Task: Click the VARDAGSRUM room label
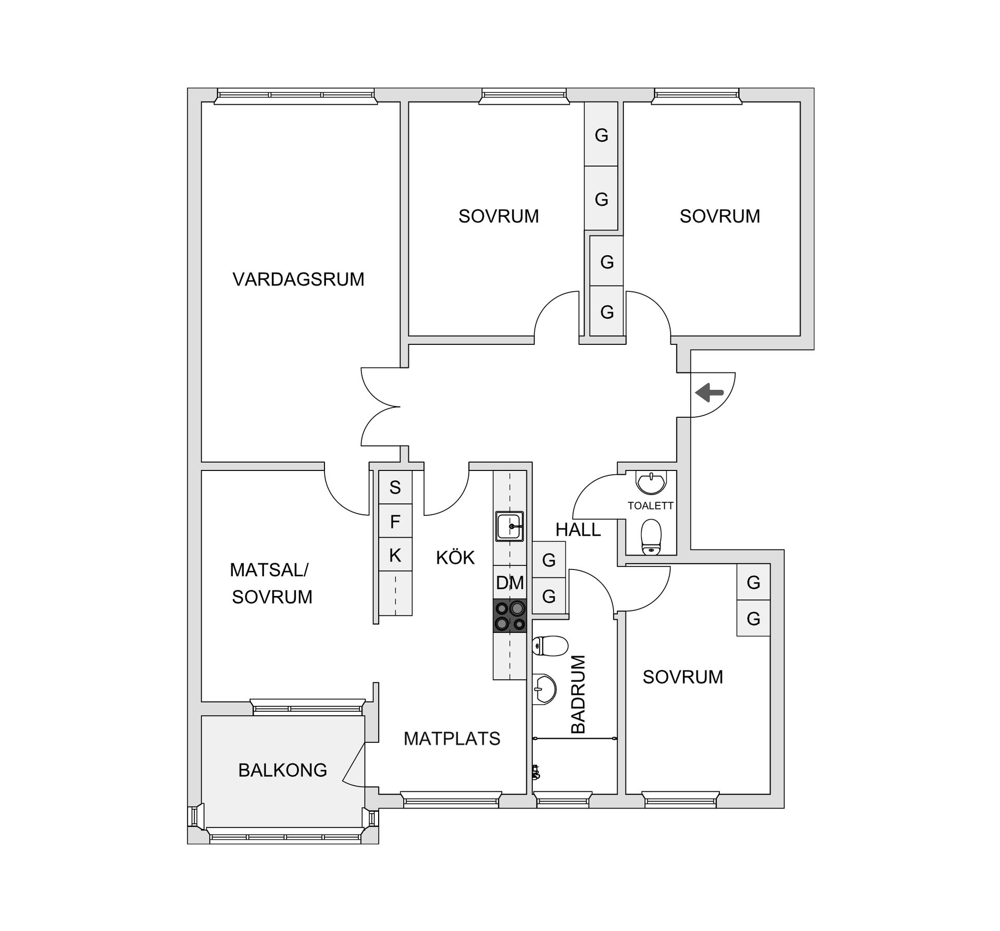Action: (x=298, y=280)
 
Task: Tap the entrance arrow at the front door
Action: (x=709, y=393)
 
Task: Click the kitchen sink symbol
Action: (x=509, y=527)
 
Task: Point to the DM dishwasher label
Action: (x=509, y=583)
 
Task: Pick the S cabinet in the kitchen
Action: (x=395, y=488)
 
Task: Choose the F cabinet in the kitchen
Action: (x=395, y=522)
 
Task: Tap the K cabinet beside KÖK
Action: (x=395, y=555)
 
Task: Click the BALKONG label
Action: (x=282, y=770)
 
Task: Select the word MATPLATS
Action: (x=452, y=739)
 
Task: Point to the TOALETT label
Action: (x=651, y=506)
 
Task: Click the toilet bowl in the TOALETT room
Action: (x=651, y=537)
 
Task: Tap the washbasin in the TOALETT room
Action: (x=651, y=482)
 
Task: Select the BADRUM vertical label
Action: (x=579, y=694)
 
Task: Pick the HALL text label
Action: (x=578, y=530)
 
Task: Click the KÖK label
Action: (x=455, y=558)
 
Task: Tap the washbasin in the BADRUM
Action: (x=544, y=689)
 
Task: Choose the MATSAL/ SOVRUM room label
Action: (x=271, y=584)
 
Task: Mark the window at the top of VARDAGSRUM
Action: (x=296, y=95)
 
